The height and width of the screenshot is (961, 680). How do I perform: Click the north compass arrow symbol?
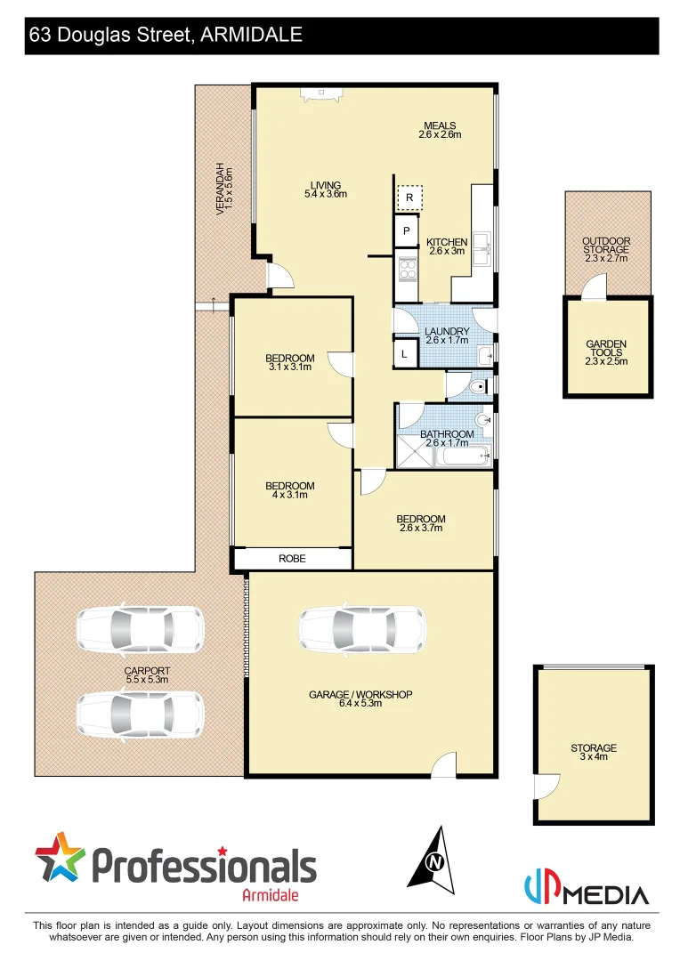click(x=433, y=858)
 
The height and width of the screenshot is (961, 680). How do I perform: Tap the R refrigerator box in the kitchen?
click(x=409, y=197)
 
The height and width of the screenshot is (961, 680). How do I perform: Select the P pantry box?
click(x=406, y=231)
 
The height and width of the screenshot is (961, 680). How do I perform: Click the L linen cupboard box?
click(x=405, y=354)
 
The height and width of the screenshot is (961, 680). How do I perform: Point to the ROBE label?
click(x=292, y=559)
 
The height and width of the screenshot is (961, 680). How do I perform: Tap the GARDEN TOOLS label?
click(x=606, y=352)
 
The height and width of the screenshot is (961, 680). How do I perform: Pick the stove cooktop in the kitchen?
click(x=408, y=267)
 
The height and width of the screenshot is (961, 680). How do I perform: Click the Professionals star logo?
click(x=60, y=860)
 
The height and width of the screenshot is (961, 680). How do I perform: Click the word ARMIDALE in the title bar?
click(x=251, y=35)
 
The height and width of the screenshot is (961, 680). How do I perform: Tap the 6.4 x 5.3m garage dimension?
click(x=360, y=704)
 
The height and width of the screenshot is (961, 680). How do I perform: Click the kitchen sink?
click(x=480, y=249)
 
